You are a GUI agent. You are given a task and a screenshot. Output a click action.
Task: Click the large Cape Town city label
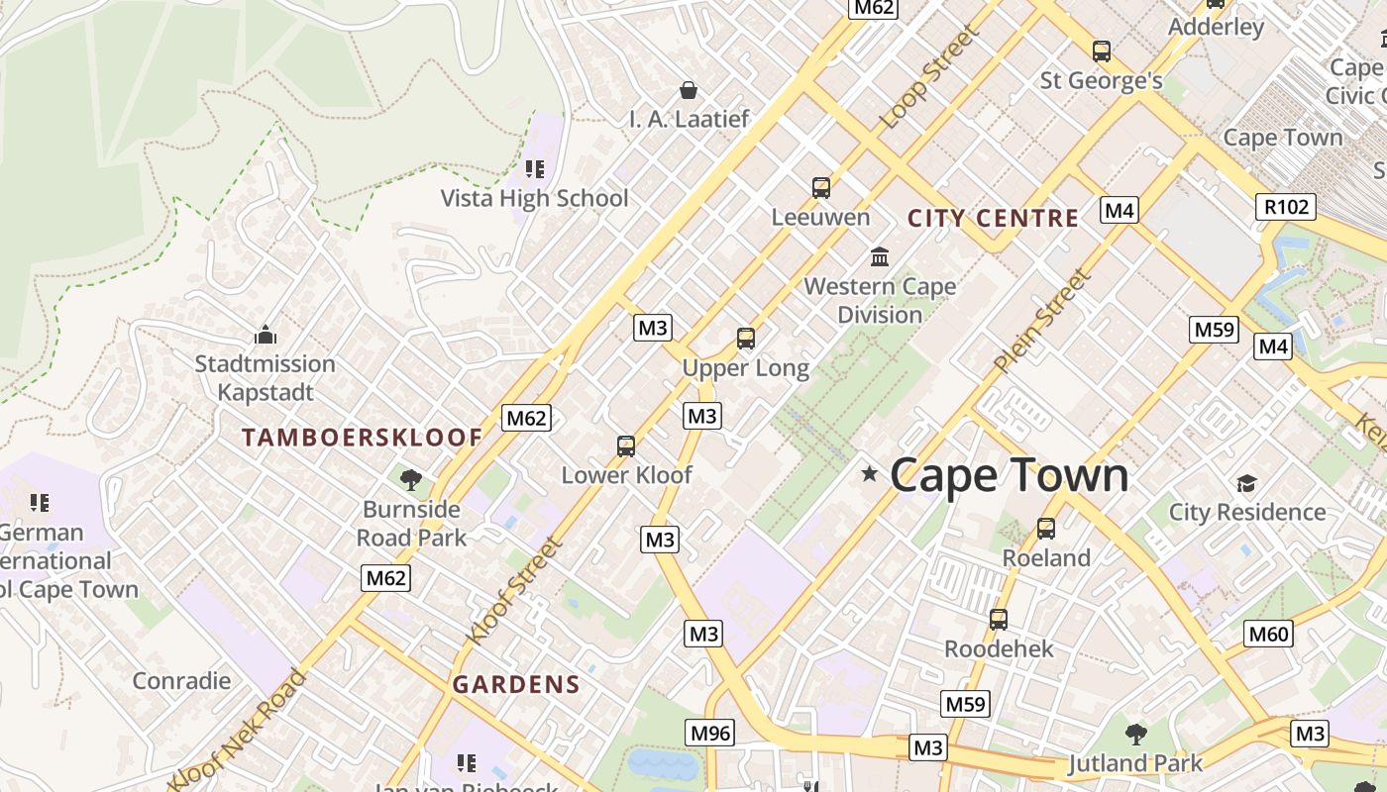pyautogui.click(x=1009, y=476)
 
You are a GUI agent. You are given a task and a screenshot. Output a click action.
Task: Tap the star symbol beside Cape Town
pyautogui.click(x=870, y=474)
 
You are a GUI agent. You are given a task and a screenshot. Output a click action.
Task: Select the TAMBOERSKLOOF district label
pyautogui.click(x=363, y=438)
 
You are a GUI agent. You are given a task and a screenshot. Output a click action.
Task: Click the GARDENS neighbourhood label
pyautogui.click(x=516, y=684)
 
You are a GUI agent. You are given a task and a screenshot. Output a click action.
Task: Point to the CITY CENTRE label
pyautogui.click(x=993, y=219)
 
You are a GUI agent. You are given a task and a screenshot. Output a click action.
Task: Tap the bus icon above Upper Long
pyautogui.click(x=746, y=339)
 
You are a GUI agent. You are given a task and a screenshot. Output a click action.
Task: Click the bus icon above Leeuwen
pyautogui.click(x=820, y=187)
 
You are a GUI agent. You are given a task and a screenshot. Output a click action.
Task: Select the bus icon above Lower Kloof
pyautogui.click(x=626, y=445)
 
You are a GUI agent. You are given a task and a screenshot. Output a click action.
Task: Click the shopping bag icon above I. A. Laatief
pyautogui.click(x=689, y=91)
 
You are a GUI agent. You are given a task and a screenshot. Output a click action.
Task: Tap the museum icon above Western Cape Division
pyautogui.click(x=879, y=257)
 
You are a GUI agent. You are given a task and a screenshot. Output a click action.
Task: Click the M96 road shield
pyautogui.click(x=710, y=734)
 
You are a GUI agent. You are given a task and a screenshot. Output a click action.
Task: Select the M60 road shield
pyautogui.click(x=1269, y=634)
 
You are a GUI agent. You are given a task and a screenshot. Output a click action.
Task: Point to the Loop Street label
pyautogui.click(x=928, y=77)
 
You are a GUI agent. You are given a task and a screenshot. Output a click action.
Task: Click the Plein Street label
pyautogui.click(x=1042, y=322)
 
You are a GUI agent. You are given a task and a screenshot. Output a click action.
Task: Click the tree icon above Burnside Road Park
pyautogui.click(x=410, y=480)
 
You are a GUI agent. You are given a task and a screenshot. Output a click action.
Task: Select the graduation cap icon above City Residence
pyautogui.click(x=1246, y=483)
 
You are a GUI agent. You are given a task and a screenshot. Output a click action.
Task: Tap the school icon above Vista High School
pyautogui.click(x=535, y=169)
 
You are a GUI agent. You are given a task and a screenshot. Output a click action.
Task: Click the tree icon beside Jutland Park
pyautogui.click(x=1136, y=735)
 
